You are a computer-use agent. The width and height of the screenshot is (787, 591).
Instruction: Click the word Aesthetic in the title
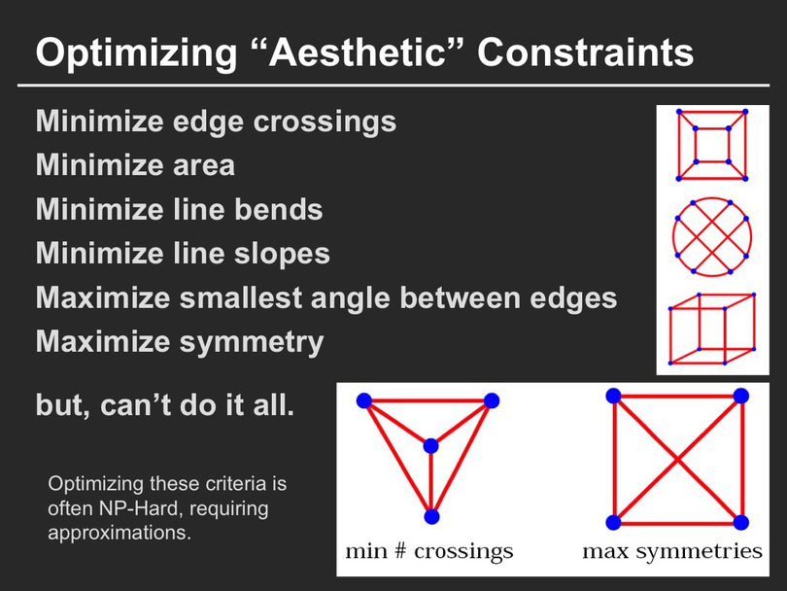(x=357, y=52)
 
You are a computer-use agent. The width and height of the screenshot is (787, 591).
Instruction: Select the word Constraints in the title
(x=585, y=52)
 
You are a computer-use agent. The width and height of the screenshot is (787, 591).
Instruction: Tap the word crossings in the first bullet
(x=325, y=122)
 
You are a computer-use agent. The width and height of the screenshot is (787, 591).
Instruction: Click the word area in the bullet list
(x=204, y=166)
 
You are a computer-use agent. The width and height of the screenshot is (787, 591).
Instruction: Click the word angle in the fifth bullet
(x=351, y=298)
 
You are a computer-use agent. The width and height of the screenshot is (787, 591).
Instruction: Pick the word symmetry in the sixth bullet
(x=252, y=343)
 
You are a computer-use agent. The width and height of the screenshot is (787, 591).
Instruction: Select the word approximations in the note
(x=120, y=533)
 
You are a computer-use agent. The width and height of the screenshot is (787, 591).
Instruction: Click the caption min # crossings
(x=429, y=551)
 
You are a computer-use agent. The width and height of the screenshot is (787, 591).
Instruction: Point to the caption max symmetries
(x=672, y=551)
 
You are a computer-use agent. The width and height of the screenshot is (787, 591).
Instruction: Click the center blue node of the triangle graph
(x=430, y=446)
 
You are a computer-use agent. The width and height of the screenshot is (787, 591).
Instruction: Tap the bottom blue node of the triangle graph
(x=431, y=516)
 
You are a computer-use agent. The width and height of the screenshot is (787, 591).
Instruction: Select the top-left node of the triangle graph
(x=364, y=400)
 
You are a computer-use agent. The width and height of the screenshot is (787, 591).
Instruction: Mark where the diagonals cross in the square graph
(x=677, y=459)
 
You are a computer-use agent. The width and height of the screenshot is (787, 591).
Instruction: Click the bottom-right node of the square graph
(x=740, y=522)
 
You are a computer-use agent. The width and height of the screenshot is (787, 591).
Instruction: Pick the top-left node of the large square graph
(x=613, y=397)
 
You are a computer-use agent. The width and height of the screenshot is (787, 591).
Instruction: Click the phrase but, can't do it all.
(x=165, y=404)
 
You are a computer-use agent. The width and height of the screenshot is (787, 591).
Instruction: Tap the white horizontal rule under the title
(x=393, y=86)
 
